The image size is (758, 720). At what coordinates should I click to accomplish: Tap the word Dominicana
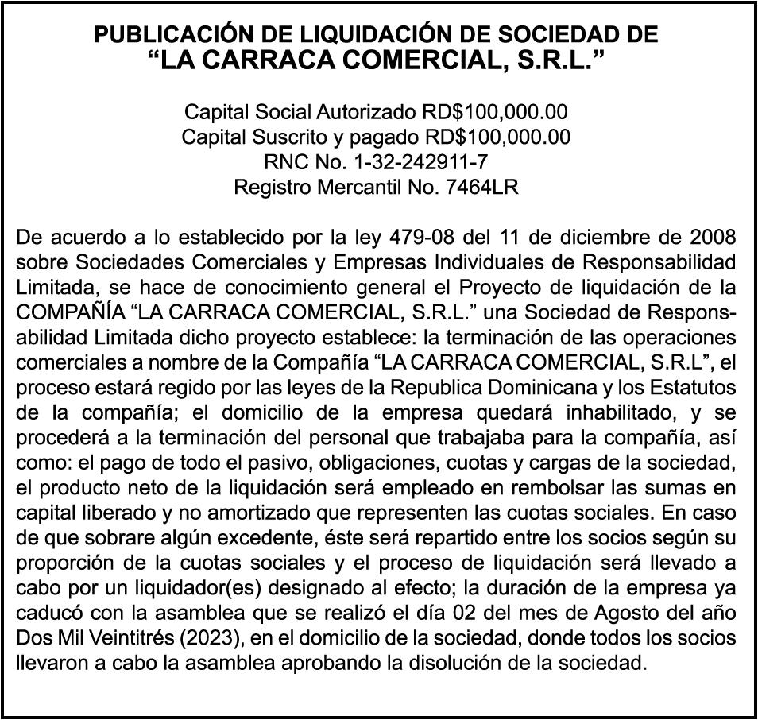pyautogui.click(x=532, y=389)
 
